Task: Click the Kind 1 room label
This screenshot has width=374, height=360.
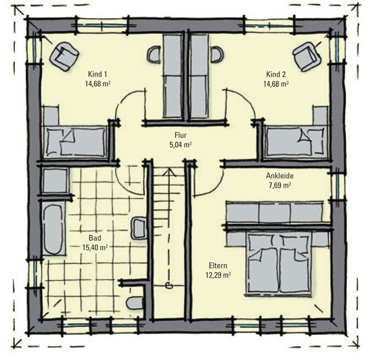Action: click(x=97, y=74)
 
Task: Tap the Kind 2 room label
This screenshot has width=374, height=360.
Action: click(x=276, y=74)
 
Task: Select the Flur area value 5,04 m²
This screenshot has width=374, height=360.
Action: click(x=181, y=145)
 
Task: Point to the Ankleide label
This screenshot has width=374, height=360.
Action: click(x=280, y=176)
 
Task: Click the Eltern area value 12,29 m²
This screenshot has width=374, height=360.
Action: click(x=218, y=275)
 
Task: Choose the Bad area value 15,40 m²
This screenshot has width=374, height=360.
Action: click(x=95, y=248)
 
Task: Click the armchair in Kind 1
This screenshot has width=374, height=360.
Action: click(x=65, y=56)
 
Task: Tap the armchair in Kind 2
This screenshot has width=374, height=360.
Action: click(x=307, y=56)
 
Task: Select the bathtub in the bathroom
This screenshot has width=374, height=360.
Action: click(x=54, y=228)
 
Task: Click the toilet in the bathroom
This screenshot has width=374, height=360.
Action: click(x=135, y=303)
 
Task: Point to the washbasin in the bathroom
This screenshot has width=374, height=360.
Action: click(x=139, y=228)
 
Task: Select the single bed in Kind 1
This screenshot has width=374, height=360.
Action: click(x=75, y=142)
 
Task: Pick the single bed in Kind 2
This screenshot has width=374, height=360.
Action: click(x=297, y=142)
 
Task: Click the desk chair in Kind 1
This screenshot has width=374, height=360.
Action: click(x=154, y=54)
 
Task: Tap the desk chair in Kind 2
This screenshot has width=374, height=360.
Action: click(x=217, y=54)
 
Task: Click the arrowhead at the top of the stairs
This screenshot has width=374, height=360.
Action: click(x=169, y=172)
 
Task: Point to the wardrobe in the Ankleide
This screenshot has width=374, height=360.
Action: click(x=275, y=213)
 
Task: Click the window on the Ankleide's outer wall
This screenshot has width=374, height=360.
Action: click(x=337, y=185)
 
